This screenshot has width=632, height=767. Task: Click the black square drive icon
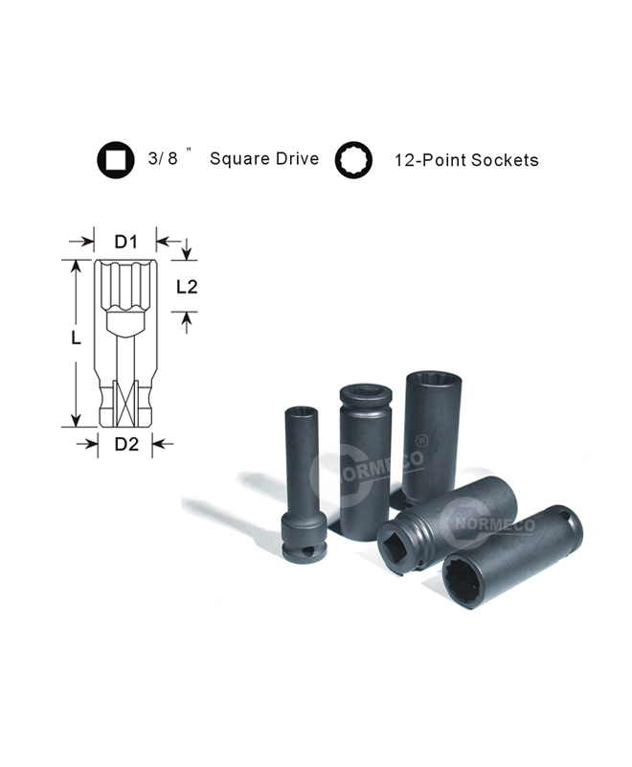coord(115,159)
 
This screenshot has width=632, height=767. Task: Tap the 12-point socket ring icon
coord(353,159)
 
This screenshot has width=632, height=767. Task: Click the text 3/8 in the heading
coord(163,158)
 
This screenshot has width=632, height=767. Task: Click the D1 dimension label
coord(126,242)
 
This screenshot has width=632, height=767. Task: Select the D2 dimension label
coord(126,444)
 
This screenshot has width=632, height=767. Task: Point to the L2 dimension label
coord(187,287)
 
